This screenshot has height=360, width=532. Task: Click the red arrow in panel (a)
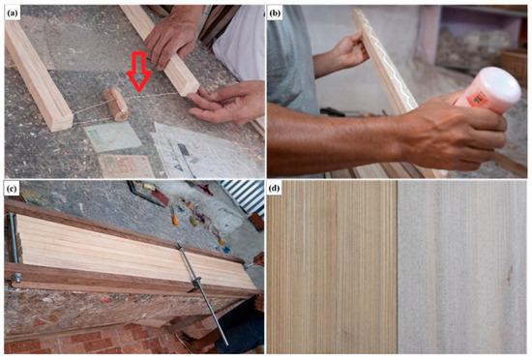[139, 72]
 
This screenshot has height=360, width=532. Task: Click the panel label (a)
[13, 14]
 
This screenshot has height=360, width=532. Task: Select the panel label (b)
[275, 14]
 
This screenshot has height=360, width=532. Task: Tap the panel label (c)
[13, 189]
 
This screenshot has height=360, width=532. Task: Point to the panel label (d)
[275, 189]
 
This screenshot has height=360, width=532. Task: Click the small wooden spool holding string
[117, 105]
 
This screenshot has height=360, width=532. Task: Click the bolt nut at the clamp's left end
[16, 278]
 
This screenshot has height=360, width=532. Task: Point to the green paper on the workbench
[112, 136]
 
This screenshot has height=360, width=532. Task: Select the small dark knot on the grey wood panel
[509, 276]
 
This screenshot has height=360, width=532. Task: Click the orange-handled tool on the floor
[175, 220]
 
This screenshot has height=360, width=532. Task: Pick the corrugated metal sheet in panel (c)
[243, 195]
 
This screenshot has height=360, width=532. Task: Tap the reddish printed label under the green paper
[126, 166]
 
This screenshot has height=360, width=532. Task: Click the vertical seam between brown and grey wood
[397, 267]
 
